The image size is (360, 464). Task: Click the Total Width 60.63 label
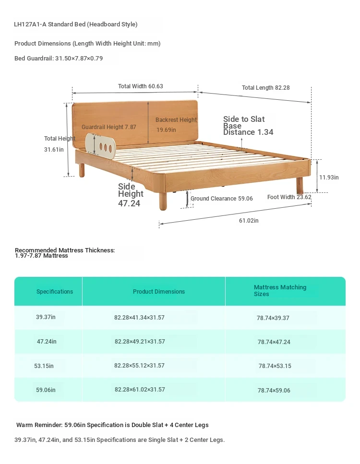click(140, 86)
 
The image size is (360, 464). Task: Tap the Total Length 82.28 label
click(265, 88)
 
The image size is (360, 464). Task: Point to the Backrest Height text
click(176, 120)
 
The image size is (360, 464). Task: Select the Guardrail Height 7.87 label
click(108, 127)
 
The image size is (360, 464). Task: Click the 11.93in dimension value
click(329, 177)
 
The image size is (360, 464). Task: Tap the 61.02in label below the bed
click(249, 220)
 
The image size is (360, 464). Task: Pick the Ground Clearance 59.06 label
click(221, 199)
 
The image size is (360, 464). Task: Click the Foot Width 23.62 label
click(289, 197)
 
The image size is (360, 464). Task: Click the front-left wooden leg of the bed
click(163, 201)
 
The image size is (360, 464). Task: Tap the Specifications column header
click(54, 291)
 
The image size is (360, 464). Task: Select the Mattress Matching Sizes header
click(280, 291)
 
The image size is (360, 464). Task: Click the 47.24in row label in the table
click(47, 342)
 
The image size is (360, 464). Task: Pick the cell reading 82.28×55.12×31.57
click(139, 366)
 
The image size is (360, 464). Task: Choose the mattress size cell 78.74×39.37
click(273, 318)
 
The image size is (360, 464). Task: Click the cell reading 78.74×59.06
click(274, 390)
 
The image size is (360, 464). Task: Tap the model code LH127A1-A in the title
click(30, 24)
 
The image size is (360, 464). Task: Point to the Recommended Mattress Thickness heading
click(65, 250)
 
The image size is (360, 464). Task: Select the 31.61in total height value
click(54, 149)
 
